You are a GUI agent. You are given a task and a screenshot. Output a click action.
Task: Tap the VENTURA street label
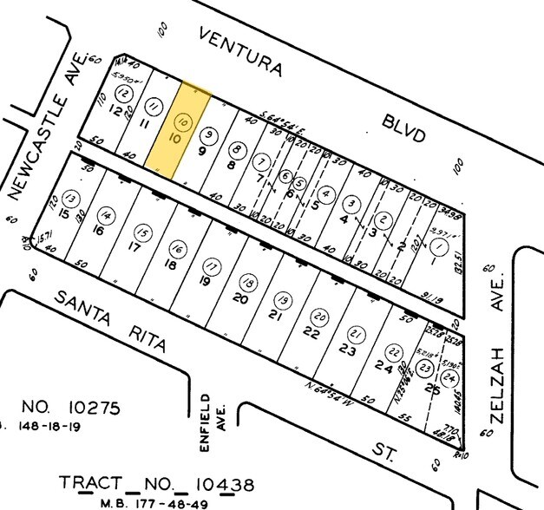point(240,52)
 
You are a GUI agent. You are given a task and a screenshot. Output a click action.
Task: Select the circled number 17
point(210,265)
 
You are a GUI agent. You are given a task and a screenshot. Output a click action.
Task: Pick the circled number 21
point(356,335)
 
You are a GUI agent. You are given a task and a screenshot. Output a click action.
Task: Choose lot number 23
point(347,350)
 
